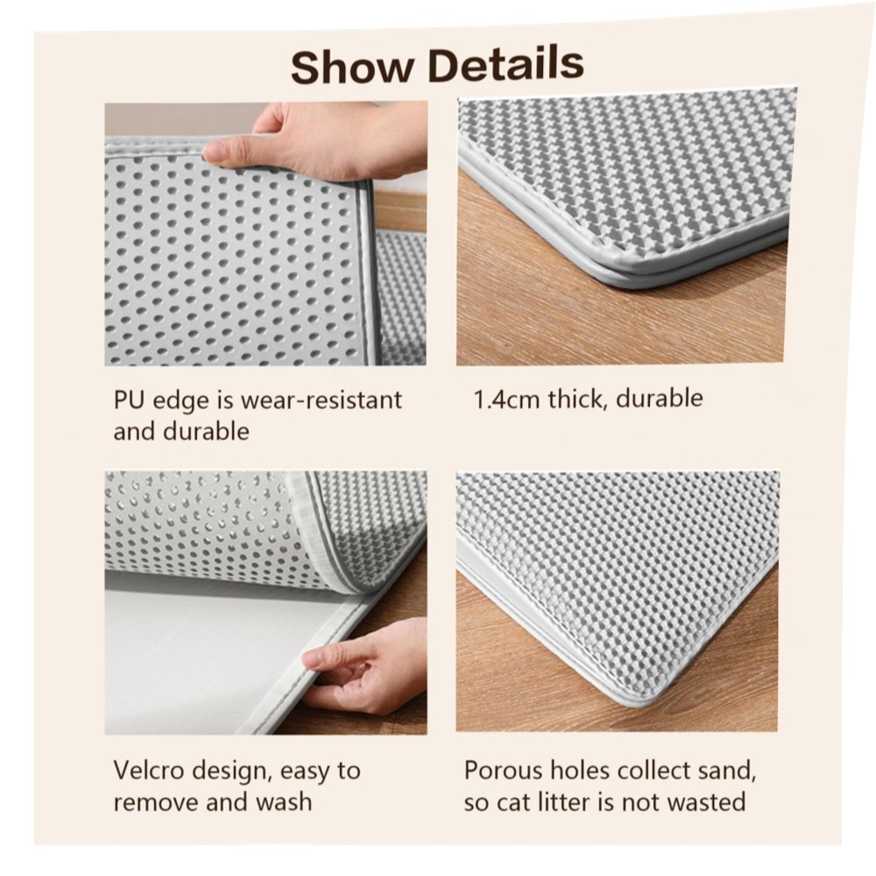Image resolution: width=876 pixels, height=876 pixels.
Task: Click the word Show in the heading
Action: pyautogui.click(x=352, y=67)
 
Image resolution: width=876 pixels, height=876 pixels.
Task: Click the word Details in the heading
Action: pyautogui.click(x=506, y=64)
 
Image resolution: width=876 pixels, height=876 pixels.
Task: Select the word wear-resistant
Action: pyautogui.click(x=321, y=400)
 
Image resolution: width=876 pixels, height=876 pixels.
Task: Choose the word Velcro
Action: pyautogui.click(x=149, y=770)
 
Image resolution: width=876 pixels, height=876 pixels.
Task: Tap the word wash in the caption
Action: pyautogui.click(x=284, y=802)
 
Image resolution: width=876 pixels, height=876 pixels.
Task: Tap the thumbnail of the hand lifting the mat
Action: pyautogui.click(x=265, y=234)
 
